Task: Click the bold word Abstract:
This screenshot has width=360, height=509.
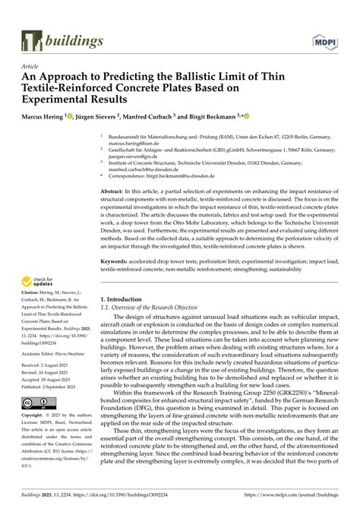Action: (x=112, y=191)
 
